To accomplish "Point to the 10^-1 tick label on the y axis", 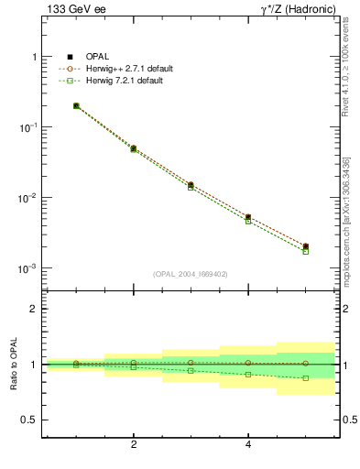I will click(x=27, y=127).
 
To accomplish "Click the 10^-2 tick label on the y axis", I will click(x=27, y=198).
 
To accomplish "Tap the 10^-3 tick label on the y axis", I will click(x=27, y=268).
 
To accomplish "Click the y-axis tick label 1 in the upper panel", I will click(x=33, y=57).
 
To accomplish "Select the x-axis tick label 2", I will click(x=134, y=445).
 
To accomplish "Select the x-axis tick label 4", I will click(x=248, y=445).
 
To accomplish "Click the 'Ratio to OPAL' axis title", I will click(x=13, y=365).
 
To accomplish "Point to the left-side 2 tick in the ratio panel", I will click(x=34, y=309).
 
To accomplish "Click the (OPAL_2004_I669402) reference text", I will click(x=191, y=273).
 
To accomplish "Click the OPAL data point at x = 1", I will click(x=76, y=106).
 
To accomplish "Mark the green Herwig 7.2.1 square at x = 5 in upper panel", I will click(x=306, y=251).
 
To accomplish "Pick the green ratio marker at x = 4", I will click(x=248, y=375).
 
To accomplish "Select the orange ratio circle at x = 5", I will click(x=306, y=364).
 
